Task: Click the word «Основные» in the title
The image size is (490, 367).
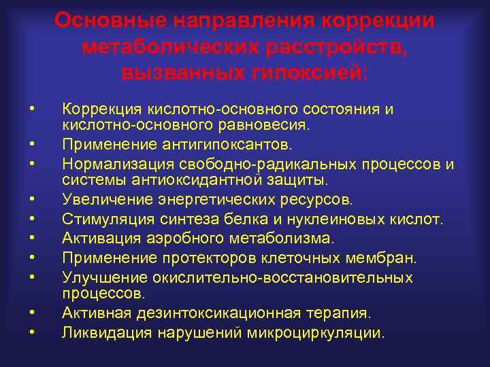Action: [110, 20]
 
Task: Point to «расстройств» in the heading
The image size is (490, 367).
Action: [336, 47]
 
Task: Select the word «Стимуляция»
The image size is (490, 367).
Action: [102, 220]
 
